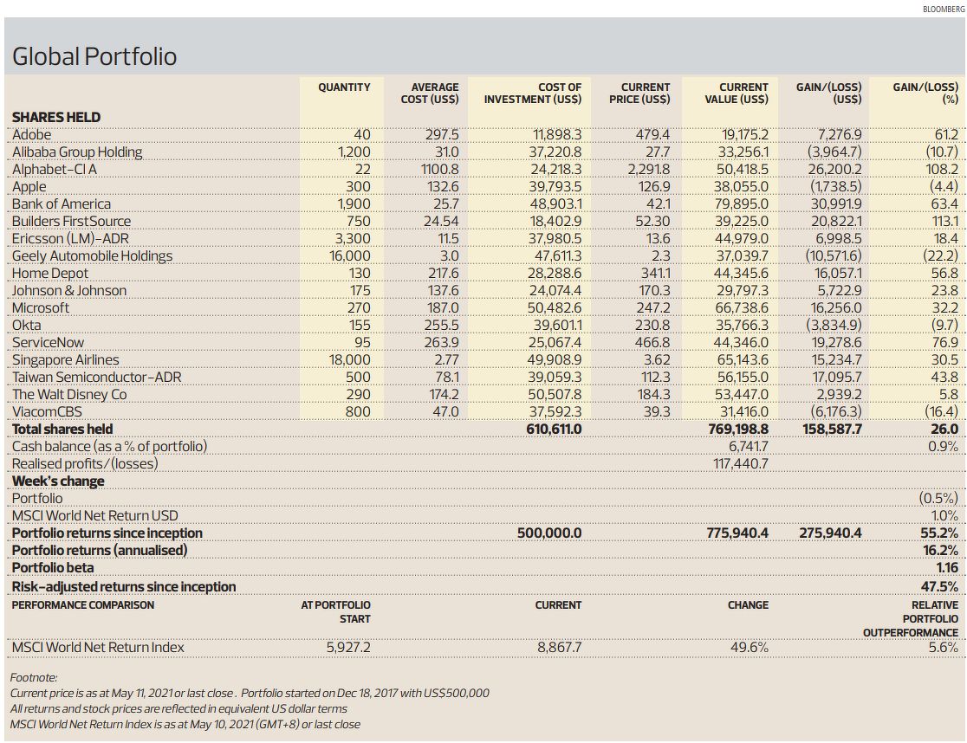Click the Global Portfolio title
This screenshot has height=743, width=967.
[x=94, y=56]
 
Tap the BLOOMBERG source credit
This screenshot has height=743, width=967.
[x=944, y=10]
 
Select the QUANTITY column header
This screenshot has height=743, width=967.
[x=344, y=87]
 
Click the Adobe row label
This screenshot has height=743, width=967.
[x=31, y=134]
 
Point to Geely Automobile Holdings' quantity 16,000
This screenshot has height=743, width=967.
[x=350, y=255]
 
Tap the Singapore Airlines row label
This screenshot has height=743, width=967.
[x=65, y=359]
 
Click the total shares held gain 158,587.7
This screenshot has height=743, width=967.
[x=832, y=429]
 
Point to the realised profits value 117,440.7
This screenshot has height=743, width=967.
[x=741, y=463]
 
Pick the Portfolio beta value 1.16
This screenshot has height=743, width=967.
[x=947, y=567]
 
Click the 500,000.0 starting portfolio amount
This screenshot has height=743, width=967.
[x=549, y=533]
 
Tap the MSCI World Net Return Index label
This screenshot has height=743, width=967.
[x=98, y=647]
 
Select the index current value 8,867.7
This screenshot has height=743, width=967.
[x=559, y=647]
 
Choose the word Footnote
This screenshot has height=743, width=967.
[x=33, y=677]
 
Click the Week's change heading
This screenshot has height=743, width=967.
[x=58, y=481]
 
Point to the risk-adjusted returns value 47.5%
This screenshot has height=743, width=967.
[x=940, y=586]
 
